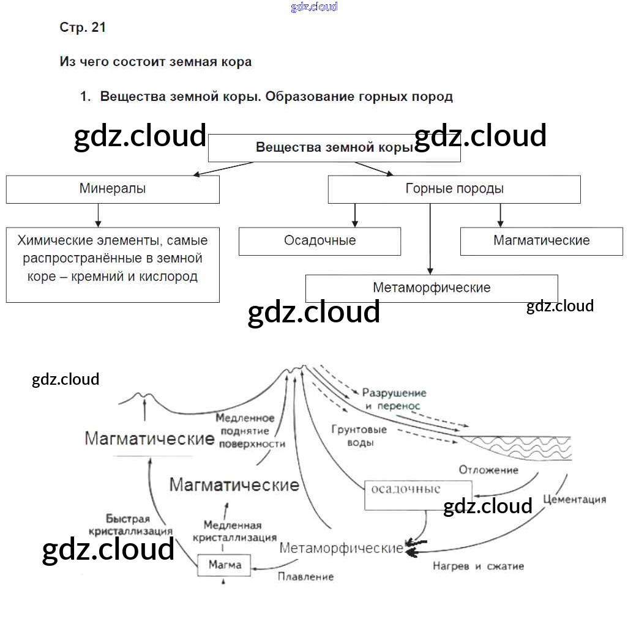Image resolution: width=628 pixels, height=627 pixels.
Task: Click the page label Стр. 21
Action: pyautogui.click(x=83, y=28)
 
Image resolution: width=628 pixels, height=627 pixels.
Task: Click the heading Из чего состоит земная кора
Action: pyautogui.click(x=155, y=62)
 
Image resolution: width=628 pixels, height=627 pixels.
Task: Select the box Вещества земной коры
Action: pyautogui.click(x=334, y=148)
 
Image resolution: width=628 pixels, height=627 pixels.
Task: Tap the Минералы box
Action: pyautogui.click(x=113, y=189)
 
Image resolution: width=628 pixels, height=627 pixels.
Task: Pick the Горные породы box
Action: pyautogui.click(x=454, y=189)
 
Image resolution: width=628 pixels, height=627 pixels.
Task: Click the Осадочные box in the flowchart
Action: pyautogui.click(x=320, y=241)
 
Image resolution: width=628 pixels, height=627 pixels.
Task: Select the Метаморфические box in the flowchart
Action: pyautogui.click(x=432, y=288)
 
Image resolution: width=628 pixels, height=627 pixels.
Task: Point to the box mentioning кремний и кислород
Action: pyautogui.click(x=113, y=264)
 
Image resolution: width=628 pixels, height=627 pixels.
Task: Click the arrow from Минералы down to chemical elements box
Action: pyautogui.click(x=98, y=215)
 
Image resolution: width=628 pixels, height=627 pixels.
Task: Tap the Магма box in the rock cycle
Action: pyautogui.click(x=225, y=565)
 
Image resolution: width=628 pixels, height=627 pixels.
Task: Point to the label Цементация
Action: pyautogui.click(x=574, y=499)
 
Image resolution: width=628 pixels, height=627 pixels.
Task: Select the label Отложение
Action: pyautogui.click(x=488, y=470)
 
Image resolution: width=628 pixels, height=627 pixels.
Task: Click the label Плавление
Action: pyautogui.click(x=305, y=576)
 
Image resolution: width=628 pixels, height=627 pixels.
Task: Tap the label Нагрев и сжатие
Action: pyautogui.click(x=478, y=566)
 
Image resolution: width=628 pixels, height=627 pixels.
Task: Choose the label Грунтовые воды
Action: pyautogui.click(x=359, y=436)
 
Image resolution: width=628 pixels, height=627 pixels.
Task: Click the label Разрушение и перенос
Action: pyautogui.click(x=394, y=399)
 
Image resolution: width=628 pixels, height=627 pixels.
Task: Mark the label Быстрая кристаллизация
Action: pyautogui.click(x=130, y=524)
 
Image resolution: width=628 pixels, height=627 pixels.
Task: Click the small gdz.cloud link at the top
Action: pyautogui.click(x=314, y=7)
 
